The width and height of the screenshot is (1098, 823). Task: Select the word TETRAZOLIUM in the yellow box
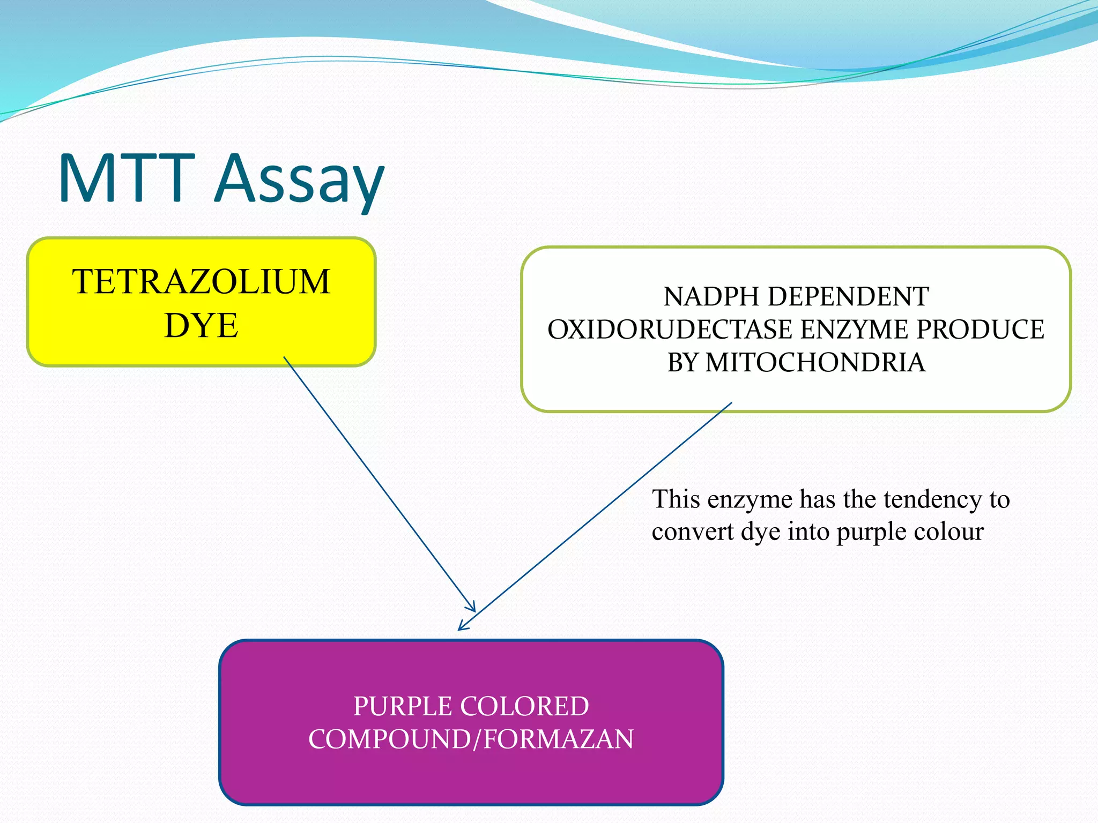[201, 281]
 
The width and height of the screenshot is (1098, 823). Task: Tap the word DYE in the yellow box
[201, 325]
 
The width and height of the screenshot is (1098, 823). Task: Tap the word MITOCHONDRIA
[815, 362]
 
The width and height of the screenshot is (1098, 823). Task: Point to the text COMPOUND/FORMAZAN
[471, 739]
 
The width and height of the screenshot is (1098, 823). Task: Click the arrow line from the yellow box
[380, 484]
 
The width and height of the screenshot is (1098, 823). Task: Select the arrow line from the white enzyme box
[595, 516]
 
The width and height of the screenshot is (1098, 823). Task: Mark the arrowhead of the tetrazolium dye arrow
[475, 611]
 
